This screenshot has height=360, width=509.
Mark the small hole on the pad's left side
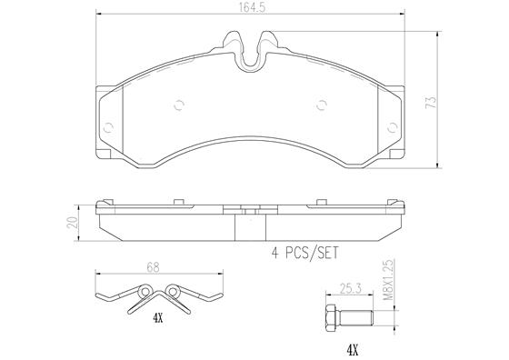[x=106, y=126]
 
